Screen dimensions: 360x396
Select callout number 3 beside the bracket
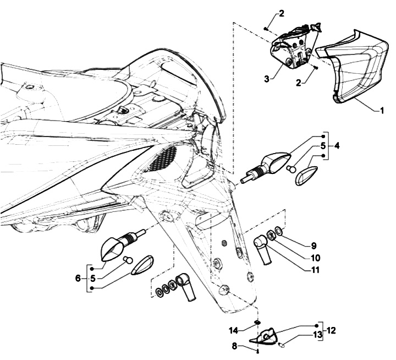pyautogui.click(x=266, y=79)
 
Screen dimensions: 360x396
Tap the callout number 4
pyautogui.click(x=337, y=146)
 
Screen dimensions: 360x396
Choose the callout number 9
pyautogui.click(x=313, y=246)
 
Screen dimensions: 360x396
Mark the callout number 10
pyautogui.click(x=315, y=258)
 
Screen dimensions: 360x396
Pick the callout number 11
pyautogui.click(x=315, y=271)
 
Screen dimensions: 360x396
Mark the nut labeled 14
pyautogui.click(x=257, y=323)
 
